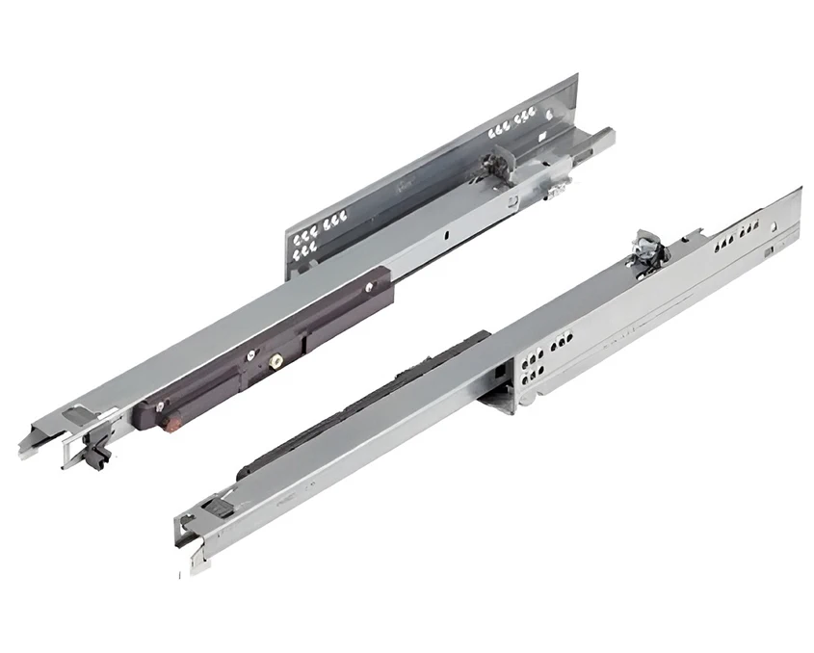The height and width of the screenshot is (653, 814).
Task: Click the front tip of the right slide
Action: coord(186,538)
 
